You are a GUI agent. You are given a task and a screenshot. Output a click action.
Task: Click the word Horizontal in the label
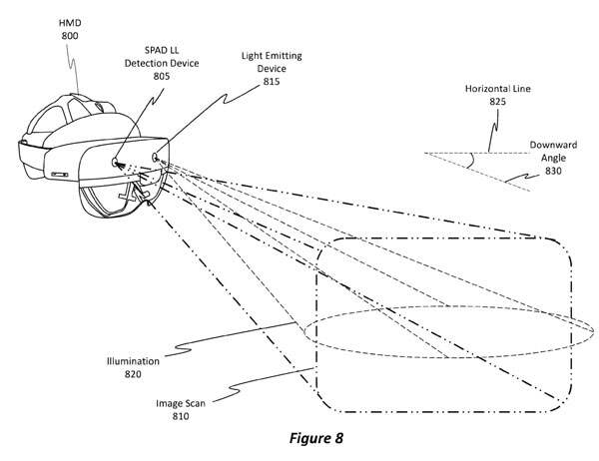(477, 88)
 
